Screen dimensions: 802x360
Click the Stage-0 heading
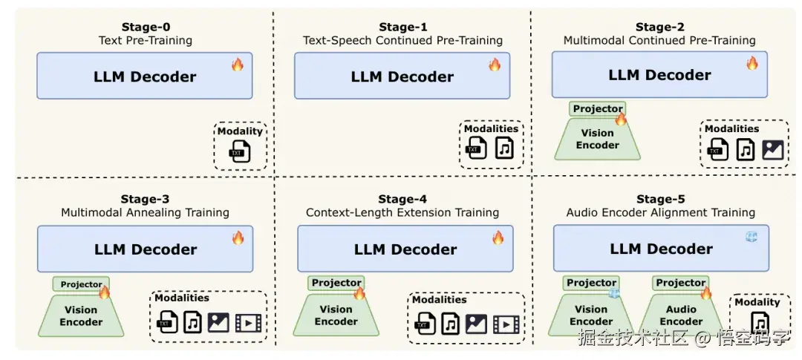[146, 27]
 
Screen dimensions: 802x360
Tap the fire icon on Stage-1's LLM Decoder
[495, 65]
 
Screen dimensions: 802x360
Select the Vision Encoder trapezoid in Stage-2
[597, 139]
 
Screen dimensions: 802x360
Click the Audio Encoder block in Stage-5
[681, 315]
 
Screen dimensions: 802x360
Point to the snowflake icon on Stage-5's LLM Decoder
[752, 237]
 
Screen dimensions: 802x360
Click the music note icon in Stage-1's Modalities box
[504, 148]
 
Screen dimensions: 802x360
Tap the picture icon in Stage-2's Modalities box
[773, 151]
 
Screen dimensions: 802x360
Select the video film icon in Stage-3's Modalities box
[248, 323]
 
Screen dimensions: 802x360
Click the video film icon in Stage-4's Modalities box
[506, 324]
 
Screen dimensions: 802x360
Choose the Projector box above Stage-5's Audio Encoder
[681, 283]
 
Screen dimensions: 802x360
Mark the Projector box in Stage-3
[82, 284]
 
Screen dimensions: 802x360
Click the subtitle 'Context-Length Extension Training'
[402, 212]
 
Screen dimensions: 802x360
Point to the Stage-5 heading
[660, 200]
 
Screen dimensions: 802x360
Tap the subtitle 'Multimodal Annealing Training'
[146, 212]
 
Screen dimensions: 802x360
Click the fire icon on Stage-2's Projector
[621, 119]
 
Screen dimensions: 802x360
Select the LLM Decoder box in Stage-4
[405, 249]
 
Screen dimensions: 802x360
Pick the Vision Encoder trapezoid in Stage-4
[336, 315]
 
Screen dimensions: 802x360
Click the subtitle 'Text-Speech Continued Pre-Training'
[402, 40]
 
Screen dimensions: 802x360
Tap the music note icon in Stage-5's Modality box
[760, 323]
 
